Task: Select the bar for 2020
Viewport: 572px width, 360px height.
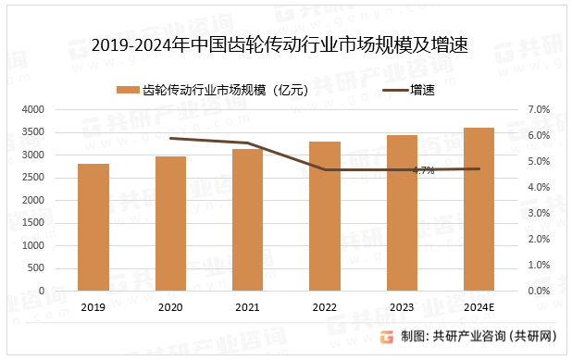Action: pyautogui.click(x=170, y=223)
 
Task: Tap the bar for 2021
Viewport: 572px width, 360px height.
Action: pyautogui.click(x=247, y=219)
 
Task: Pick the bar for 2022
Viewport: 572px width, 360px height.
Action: pyautogui.click(x=324, y=216)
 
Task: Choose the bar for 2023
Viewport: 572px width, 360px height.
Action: pyautogui.click(x=402, y=213)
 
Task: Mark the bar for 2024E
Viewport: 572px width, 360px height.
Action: pyautogui.click(x=479, y=209)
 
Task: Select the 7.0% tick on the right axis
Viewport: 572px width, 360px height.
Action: pyautogui.click(x=539, y=109)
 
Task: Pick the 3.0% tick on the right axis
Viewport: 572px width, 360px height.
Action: pyautogui.click(x=539, y=213)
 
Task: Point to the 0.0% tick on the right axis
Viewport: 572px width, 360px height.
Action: pyautogui.click(x=539, y=291)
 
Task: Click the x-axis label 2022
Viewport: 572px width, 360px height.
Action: pyautogui.click(x=324, y=307)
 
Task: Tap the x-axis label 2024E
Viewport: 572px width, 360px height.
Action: pyautogui.click(x=479, y=307)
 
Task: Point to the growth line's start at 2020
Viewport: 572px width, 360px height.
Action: pyautogui.click(x=170, y=138)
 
